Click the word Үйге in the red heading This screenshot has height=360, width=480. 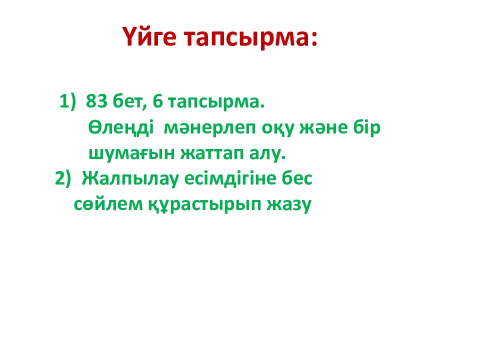150,38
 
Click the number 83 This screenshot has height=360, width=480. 96,101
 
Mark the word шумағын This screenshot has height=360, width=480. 127,154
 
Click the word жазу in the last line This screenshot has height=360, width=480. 289,204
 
